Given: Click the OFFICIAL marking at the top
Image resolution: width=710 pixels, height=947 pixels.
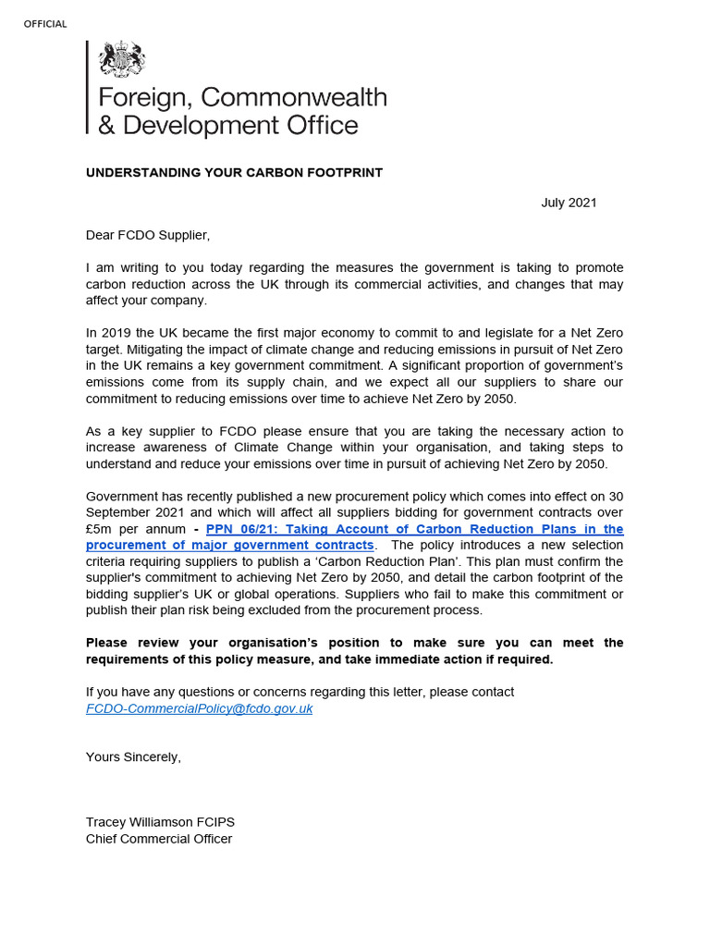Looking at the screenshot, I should pyautogui.click(x=45, y=24).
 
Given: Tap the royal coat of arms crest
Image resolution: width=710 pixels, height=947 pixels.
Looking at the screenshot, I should pyautogui.click(x=122, y=61).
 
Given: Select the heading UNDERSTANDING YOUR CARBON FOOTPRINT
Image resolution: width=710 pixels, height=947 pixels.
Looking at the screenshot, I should pyautogui.click(x=234, y=173).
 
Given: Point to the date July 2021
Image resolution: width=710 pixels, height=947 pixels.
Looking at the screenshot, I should pyautogui.click(x=569, y=203).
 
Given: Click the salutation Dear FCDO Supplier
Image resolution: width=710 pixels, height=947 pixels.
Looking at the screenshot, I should pyautogui.click(x=141, y=235).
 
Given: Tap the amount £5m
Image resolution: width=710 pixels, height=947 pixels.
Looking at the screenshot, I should pyautogui.click(x=101, y=529).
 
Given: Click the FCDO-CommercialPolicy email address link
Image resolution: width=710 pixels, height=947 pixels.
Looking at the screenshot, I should pyautogui.click(x=200, y=708).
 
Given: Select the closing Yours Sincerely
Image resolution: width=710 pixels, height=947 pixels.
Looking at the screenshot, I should pyautogui.click(x=133, y=756).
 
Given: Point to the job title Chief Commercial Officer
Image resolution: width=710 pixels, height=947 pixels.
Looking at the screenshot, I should pyautogui.click(x=159, y=839).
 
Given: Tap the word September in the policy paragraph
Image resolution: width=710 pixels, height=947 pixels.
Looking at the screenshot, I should pyautogui.click(x=121, y=512).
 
